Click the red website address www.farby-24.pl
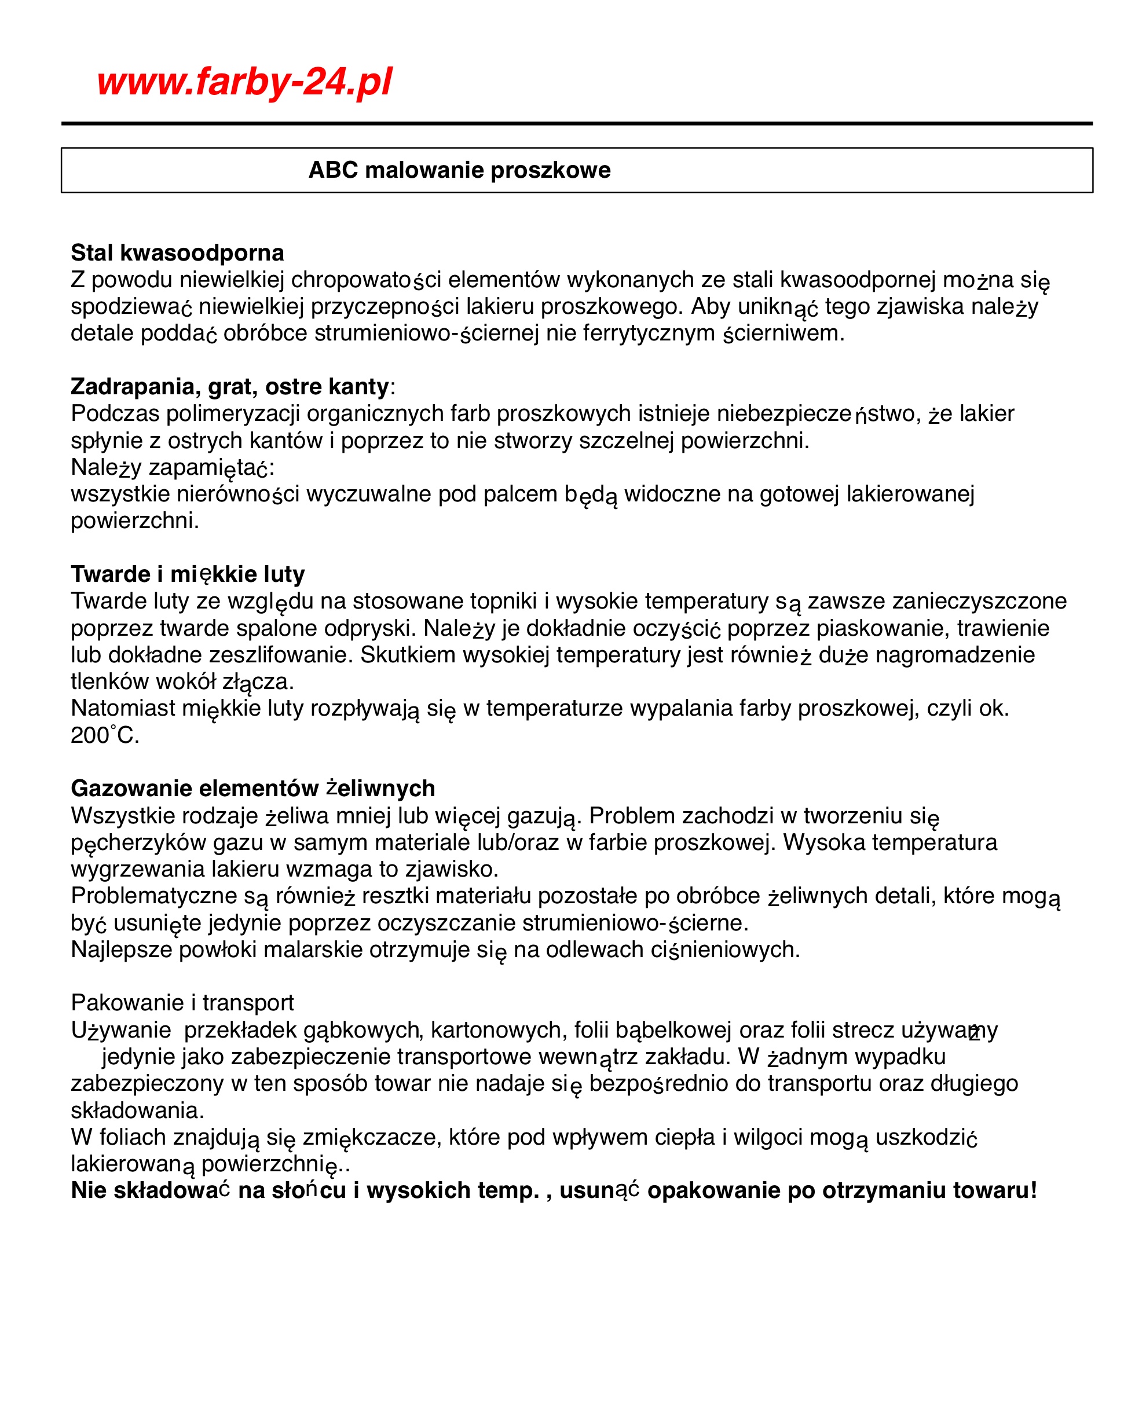click(244, 82)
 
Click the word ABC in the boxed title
click(333, 170)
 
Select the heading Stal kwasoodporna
click(177, 252)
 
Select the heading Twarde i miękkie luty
click(188, 574)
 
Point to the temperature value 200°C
click(105, 735)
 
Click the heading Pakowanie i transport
click(182, 1003)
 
